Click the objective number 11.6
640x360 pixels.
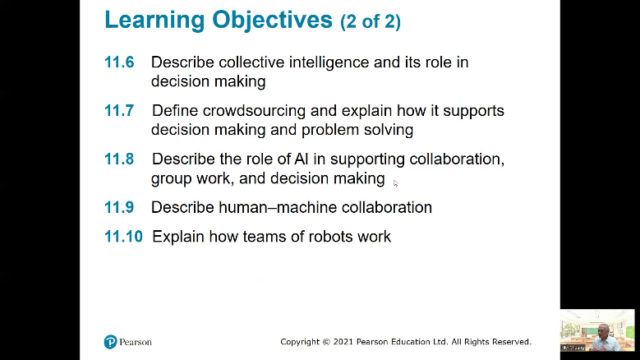pyautogui.click(x=119, y=62)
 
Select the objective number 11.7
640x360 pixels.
pyautogui.click(x=119, y=111)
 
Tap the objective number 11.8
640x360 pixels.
pyautogui.click(x=119, y=159)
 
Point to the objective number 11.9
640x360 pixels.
pyautogui.click(x=119, y=207)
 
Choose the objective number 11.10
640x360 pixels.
pyautogui.click(x=124, y=237)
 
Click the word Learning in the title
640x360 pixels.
pyautogui.click(x=154, y=20)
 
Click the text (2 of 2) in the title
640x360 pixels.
pyautogui.click(x=371, y=21)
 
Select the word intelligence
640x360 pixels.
pyautogui.click(x=329, y=62)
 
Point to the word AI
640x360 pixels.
pyautogui.click(x=302, y=159)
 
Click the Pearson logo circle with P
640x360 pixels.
pyautogui.click(x=110, y=342)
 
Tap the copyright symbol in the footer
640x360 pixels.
pyautogui.click(x=326, y=342)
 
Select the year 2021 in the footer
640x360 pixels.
pyautogui.click(x=343, y=342)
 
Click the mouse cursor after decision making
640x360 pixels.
pyautogui.click(x=395, y=183)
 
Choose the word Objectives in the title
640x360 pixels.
pyautogui.click(x=272, y=21)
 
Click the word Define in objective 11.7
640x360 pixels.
pyautogui.click(x=175, y=111)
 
